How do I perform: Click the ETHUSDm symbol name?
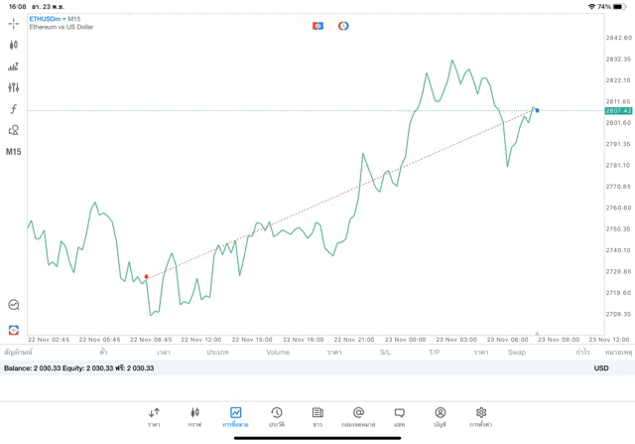tap(45, 18)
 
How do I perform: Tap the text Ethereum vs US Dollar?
tap(61, 27)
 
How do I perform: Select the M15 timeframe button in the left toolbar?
tap(14, 152)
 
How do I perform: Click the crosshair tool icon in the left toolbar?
tap(14, 23)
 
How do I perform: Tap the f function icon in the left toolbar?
tap(14, 108)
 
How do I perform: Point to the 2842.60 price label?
tap(618, 38)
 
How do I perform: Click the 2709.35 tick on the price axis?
tap(618, 314)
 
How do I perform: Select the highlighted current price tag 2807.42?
tap(618, 111)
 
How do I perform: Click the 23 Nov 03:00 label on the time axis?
tap(457, 339)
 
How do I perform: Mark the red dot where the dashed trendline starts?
tap(147, 276)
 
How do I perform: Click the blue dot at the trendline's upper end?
tap(537, 109)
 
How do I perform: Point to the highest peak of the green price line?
tap(452, 61)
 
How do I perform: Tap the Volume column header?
tap(278, 353)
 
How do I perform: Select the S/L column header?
tap(385, 353)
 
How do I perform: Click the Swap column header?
tap(517, 353)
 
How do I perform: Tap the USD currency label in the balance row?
tap(600, 369)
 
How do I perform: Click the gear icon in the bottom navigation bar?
tap(481, 415)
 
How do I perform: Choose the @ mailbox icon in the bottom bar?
tap(358, 415)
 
